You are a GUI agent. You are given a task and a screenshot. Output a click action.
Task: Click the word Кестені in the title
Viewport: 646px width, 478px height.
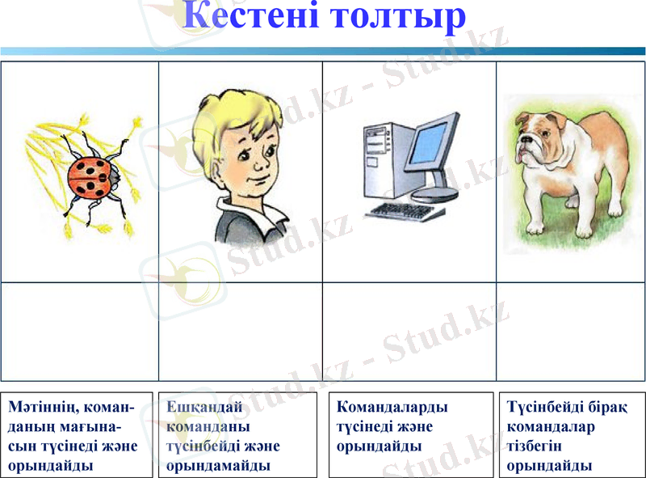(250, 18)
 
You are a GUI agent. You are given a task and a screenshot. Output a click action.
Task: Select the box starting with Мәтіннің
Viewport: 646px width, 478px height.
(76, 435)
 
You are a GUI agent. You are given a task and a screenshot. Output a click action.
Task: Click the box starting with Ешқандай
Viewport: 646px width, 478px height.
(237, 435)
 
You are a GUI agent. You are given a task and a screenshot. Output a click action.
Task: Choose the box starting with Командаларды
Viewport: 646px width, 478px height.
(411, 435)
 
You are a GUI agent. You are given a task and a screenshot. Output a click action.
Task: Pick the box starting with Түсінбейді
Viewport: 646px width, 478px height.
(572, 435)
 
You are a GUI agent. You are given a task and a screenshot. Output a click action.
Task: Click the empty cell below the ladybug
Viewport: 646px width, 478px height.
(80, 331)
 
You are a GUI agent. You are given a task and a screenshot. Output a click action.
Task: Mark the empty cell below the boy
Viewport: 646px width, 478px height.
(241, 331)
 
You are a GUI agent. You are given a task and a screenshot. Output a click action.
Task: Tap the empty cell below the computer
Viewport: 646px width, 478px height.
(409, 331)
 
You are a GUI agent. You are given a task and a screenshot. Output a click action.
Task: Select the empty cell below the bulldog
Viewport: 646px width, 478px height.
(570, 331)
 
